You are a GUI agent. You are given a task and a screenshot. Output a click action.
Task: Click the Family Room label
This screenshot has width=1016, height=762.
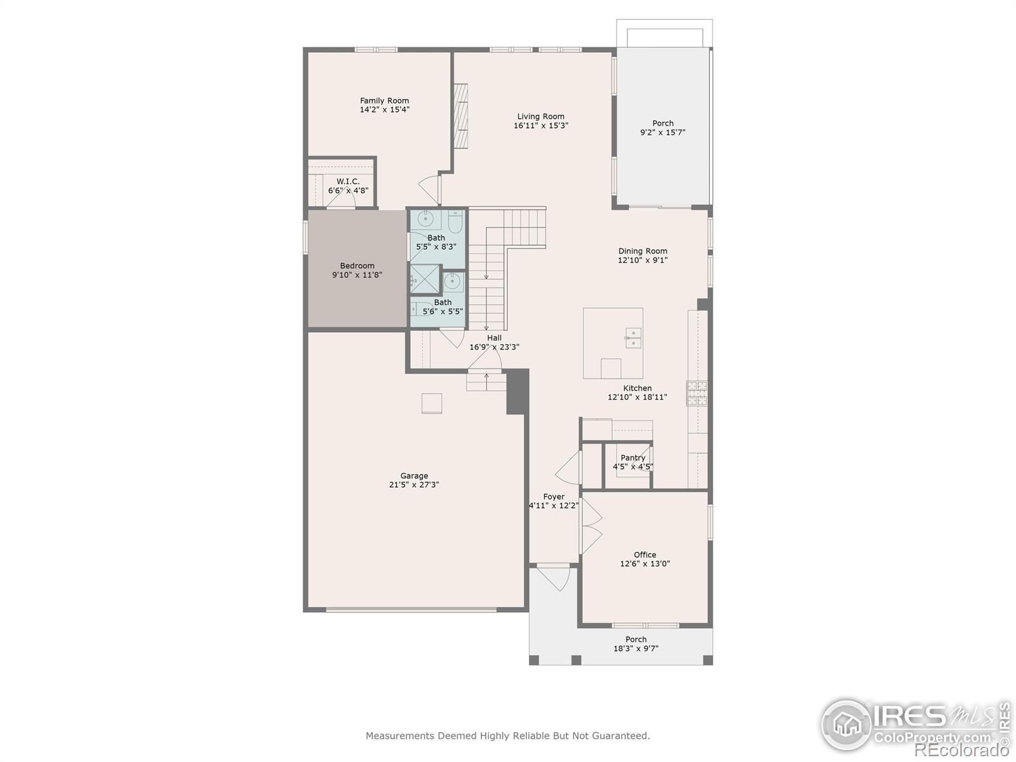click(x=384, y=100)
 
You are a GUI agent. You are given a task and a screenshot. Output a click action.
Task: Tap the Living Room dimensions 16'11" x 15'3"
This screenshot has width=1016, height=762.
click(x=540, y=125)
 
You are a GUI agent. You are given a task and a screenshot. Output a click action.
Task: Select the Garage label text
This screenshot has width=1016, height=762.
click(x=414, y=476)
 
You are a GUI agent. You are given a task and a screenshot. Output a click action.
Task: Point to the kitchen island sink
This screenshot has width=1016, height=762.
click(x=632, y=338)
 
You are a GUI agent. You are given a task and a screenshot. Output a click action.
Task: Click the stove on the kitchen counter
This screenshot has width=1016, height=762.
click(x=696, y=392)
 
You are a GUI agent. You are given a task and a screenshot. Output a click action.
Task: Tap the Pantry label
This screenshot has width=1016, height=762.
click(x=632, y=458)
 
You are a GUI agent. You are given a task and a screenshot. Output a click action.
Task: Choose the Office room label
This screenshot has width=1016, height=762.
click(x=645, y=555)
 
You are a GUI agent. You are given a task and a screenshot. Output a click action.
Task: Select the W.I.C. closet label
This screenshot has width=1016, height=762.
click(x=347, y=182)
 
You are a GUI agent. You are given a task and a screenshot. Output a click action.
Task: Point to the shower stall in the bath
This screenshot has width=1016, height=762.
click(x=424, y=279)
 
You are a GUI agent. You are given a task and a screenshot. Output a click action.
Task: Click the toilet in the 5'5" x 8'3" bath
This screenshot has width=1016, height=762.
click(x=455, y=222)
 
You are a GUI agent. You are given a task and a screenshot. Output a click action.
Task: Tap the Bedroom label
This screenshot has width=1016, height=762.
click(x=357, y=266)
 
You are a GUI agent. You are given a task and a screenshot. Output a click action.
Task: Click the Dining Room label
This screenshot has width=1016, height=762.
click(x=643, y=251)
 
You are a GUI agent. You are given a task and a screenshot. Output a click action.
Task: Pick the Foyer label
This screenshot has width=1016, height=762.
click(x=554, y=497)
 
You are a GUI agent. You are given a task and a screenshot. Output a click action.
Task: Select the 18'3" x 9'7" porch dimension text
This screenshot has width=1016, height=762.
click(x=636, y=648)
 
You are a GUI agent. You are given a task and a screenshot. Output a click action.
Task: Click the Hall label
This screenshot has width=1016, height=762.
click(x=494, y=338)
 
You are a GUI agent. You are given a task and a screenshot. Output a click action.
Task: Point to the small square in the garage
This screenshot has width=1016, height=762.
click(x=431, y=403)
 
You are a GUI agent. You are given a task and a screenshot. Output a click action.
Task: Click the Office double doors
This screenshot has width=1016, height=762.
click(x=591, y=526)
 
